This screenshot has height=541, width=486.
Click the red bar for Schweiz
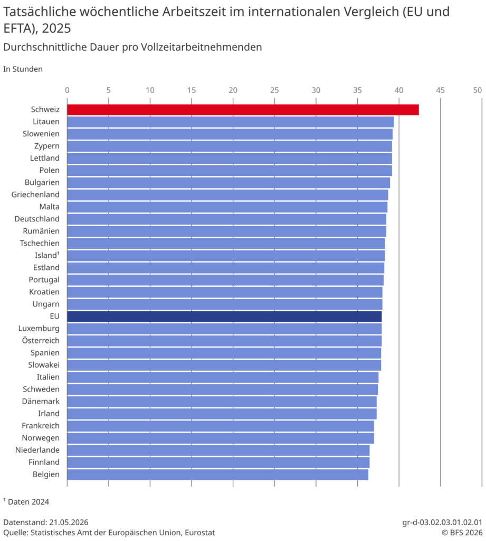coord(243,110)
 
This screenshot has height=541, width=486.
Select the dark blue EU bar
coord(224,316)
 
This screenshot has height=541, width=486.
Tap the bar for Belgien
coord(218,474)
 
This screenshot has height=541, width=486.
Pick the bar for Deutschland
coord(227,219)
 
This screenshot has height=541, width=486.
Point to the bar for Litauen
coord(231,122)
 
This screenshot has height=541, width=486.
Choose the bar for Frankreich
coord(221,426)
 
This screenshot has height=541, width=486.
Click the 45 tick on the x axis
coord(440,90)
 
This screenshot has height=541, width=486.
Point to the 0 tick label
coord(67,90)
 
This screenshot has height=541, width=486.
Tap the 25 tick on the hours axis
coord(274,90)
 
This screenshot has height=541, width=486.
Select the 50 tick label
coord(478,90)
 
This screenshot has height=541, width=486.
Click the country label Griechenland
coord(35,194)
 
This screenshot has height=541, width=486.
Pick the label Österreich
coord(41,341)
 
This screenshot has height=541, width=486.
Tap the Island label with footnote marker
coord(47,255)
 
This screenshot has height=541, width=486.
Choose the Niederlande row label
coord(37,450)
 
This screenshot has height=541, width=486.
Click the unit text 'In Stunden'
coord(23,69)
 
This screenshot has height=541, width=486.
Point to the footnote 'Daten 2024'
coord(26,502)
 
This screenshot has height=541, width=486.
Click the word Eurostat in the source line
coord(200,533)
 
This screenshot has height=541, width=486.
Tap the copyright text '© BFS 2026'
coord(462,533)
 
